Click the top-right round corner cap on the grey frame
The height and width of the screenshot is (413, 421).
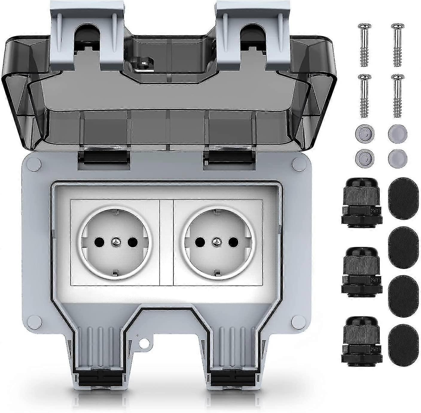point(298,163)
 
